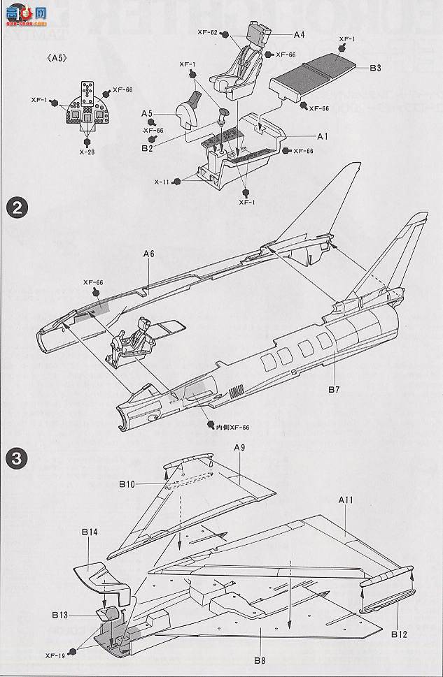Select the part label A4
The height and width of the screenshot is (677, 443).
pyautogui.click(x=299, y=34)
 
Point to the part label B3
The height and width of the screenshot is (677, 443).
pyautogui.click(x=375, y=68)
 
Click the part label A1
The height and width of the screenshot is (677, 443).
pyautogui.click(x=323, y=136)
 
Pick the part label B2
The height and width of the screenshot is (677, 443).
pyautogui.click(x=147, y=147)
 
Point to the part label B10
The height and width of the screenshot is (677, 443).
pyautogui.click(x=127, y=483)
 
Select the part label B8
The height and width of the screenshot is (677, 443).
pyautogui.click(x=260, y=660)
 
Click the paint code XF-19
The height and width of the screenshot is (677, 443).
pyautogui.click(x=55, y=655)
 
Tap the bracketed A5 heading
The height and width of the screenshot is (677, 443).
pyautogui.click(x=56, y=58)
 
